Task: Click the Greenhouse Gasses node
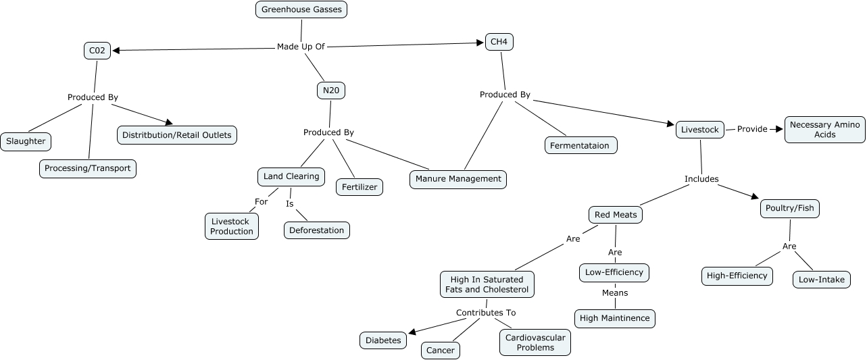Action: (x=302, y=9)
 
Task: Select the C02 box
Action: (x=97, y=50)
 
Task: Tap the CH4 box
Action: (x=499, y=42)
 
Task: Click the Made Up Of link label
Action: (x=301, y=47)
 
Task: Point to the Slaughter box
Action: (x=26, y=141)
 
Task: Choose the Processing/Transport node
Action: (x=88, y=168)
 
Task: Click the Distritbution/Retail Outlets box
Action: (x=177, y=135)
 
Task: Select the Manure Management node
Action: (x=458, y=179)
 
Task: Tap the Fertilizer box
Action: (x=360, y=187)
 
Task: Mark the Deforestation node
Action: (x=317, y=230)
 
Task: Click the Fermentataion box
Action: (x=581, y=145)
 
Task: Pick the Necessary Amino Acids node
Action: (x=824, y=130)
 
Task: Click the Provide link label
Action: (x=752, y=129)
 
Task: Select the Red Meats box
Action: (x=615, y=215)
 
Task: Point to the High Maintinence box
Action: (x=615, y=318)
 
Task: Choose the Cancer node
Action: (x=441, y=351)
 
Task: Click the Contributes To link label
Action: (x=486, y=313)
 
